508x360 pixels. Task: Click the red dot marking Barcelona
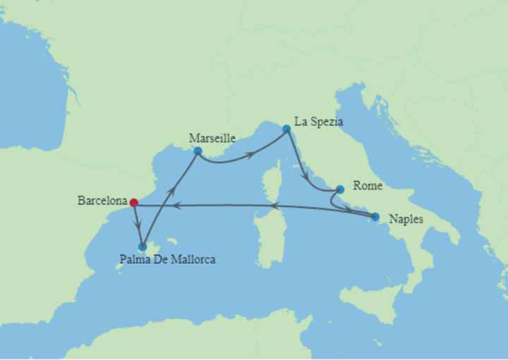133,203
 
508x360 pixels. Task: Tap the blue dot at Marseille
198,151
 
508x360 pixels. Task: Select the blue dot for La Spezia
286,129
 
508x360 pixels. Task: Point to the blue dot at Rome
340,189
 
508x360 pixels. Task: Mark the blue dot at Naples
375,217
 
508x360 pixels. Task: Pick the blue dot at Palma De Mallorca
143,246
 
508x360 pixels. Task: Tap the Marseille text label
212,138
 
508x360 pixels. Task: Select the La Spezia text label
318,122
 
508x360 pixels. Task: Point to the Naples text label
406,220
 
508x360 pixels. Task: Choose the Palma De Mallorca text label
168,260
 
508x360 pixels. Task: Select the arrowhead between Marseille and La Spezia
250,153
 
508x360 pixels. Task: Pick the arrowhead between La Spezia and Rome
303,172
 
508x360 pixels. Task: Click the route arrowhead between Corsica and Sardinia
276,206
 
